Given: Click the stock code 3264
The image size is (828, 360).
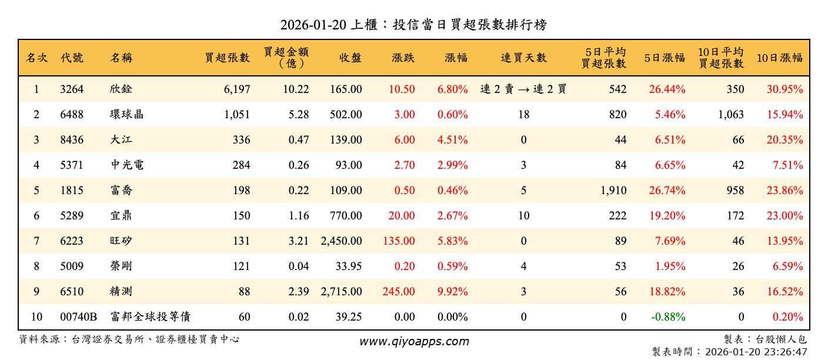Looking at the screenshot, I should (72, 89).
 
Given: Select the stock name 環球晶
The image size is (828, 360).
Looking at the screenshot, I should (126, 115).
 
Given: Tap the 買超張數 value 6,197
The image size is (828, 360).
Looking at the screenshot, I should (237, 89).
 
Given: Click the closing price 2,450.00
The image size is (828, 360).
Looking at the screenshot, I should (342, 241).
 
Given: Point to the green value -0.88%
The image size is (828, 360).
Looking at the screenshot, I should (668, 317).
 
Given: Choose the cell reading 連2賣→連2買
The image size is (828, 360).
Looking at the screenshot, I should (523, 89).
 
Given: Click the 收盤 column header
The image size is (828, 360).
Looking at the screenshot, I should (350, 58).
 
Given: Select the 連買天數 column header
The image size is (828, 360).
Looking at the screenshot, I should (523, 58).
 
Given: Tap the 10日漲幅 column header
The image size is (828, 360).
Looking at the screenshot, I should (779, 58).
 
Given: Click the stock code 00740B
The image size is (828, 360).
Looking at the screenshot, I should (79, 317).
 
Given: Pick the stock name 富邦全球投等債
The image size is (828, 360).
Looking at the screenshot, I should (151, 317).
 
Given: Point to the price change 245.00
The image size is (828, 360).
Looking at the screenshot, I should (398, 292).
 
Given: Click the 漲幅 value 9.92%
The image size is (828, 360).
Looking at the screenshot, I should (452, 292).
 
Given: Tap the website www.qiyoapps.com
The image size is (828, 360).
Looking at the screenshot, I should (414, 342).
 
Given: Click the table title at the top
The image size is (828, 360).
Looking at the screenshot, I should (414, 25).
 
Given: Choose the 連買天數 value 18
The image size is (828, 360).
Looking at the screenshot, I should (523, 115).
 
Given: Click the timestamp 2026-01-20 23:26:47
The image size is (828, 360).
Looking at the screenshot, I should (750, 352).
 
